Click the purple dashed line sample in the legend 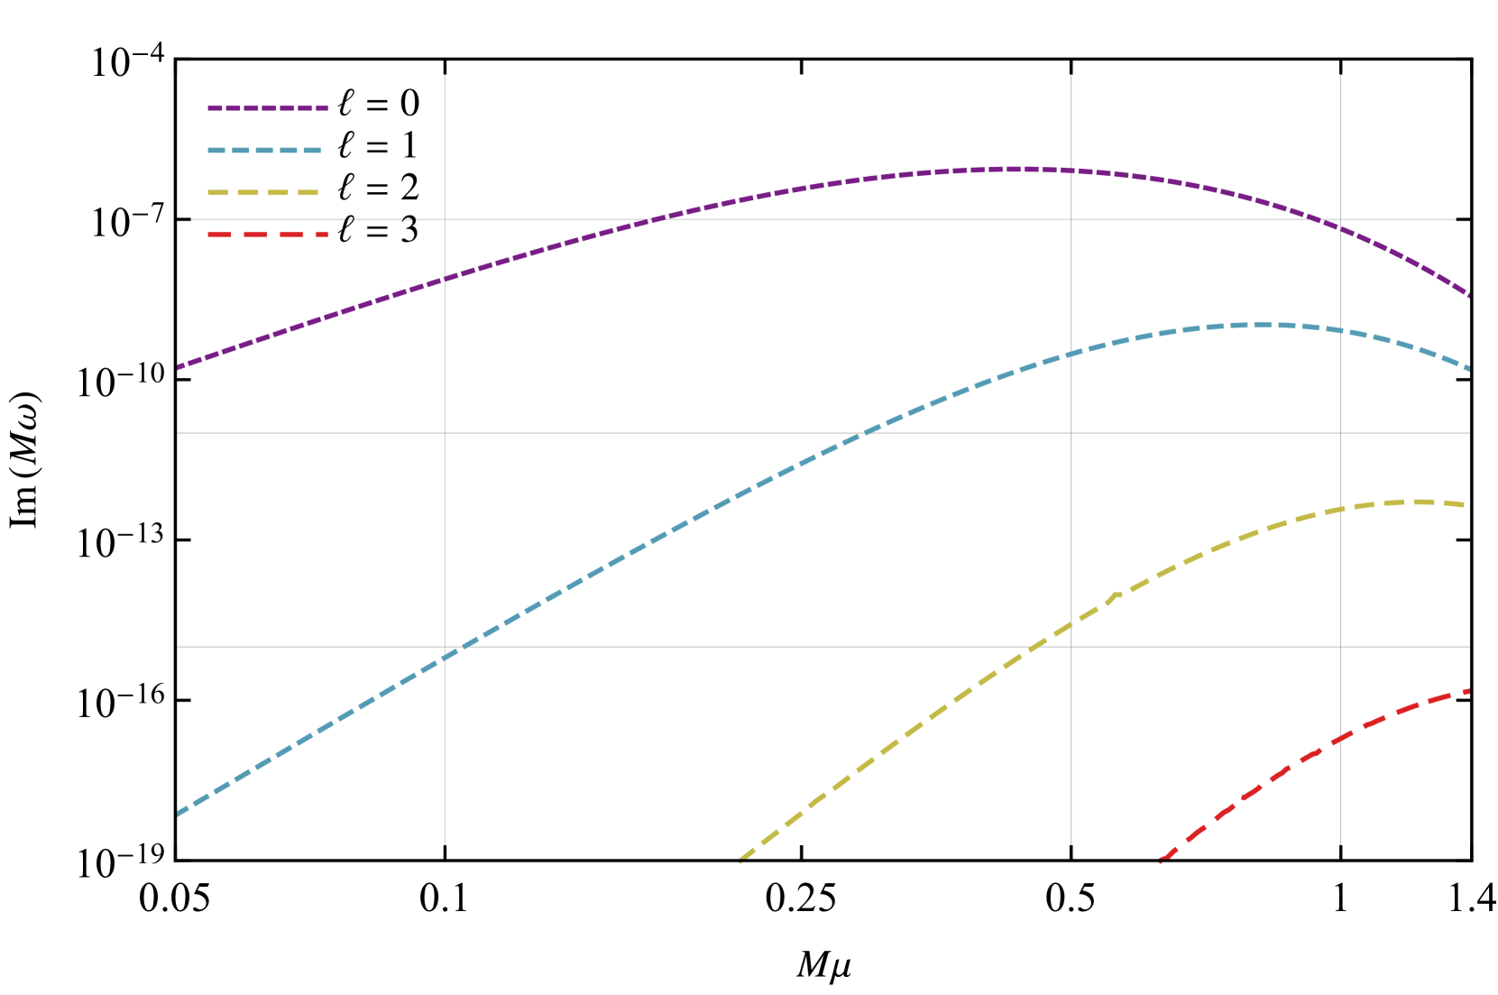pyautogui.click(x=268, y=108)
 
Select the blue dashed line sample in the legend pyautogui.click(x=264, y=151)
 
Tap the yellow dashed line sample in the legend pyautogui.click(x=262, y=193)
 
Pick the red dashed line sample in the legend pyautogui.click(x=268, y=235)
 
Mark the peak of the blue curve pyautogui.click(x=1258, y=325)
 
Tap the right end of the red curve pyautogui.click(x=1468, y=691)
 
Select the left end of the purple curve pyautogui.click(x=179, y=367)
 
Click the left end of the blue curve pyautogui.click(x=179, y=814)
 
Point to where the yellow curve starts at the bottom pyautogui.click(x=740, y=861)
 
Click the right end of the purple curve pyautogui.click(x=1469, y=296)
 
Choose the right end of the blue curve pyautogui.click(x=1469, y=369)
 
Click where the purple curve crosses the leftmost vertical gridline pyautogui.click(x=445, y=279)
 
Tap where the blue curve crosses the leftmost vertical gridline pyautogui.click(x=445, y=658)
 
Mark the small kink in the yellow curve pyautogui.click(x=1116, y=594)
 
